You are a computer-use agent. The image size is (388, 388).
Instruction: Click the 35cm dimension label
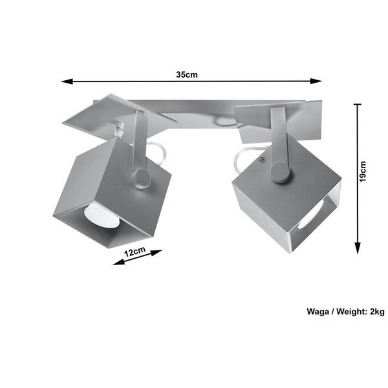tap(187, 74)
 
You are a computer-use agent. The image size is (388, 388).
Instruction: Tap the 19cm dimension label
tap(363, 171)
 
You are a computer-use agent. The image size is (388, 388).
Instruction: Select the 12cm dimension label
tap(135, 252)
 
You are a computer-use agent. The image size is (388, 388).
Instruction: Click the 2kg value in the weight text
tap(377, 311)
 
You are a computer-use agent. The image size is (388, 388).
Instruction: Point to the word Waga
tap(318, 311)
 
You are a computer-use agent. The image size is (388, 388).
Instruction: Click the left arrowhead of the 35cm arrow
tap(67, 81)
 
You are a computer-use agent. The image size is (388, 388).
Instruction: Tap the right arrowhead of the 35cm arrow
tap(316, 81)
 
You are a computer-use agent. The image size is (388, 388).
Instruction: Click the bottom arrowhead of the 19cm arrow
tap(358, 248)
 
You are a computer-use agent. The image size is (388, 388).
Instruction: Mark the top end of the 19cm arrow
tap(358, 104)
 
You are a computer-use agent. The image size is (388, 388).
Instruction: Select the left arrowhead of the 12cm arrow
tap(118, 263)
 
